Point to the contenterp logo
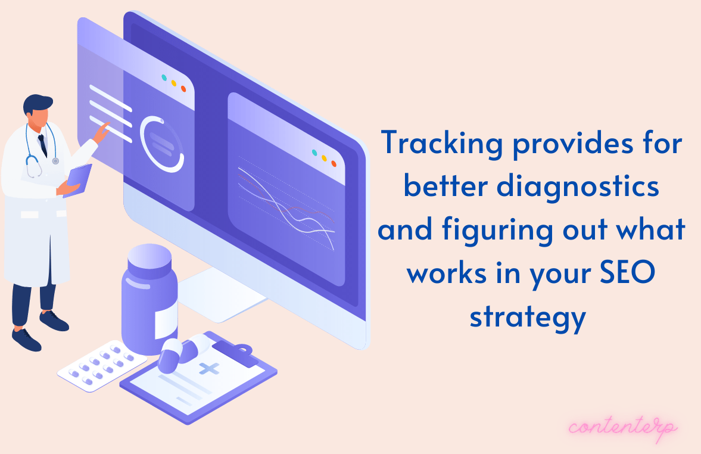point(623,428)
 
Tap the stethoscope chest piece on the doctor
point(55,161)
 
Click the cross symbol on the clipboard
point(209,369)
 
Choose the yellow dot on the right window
point(325,158)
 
